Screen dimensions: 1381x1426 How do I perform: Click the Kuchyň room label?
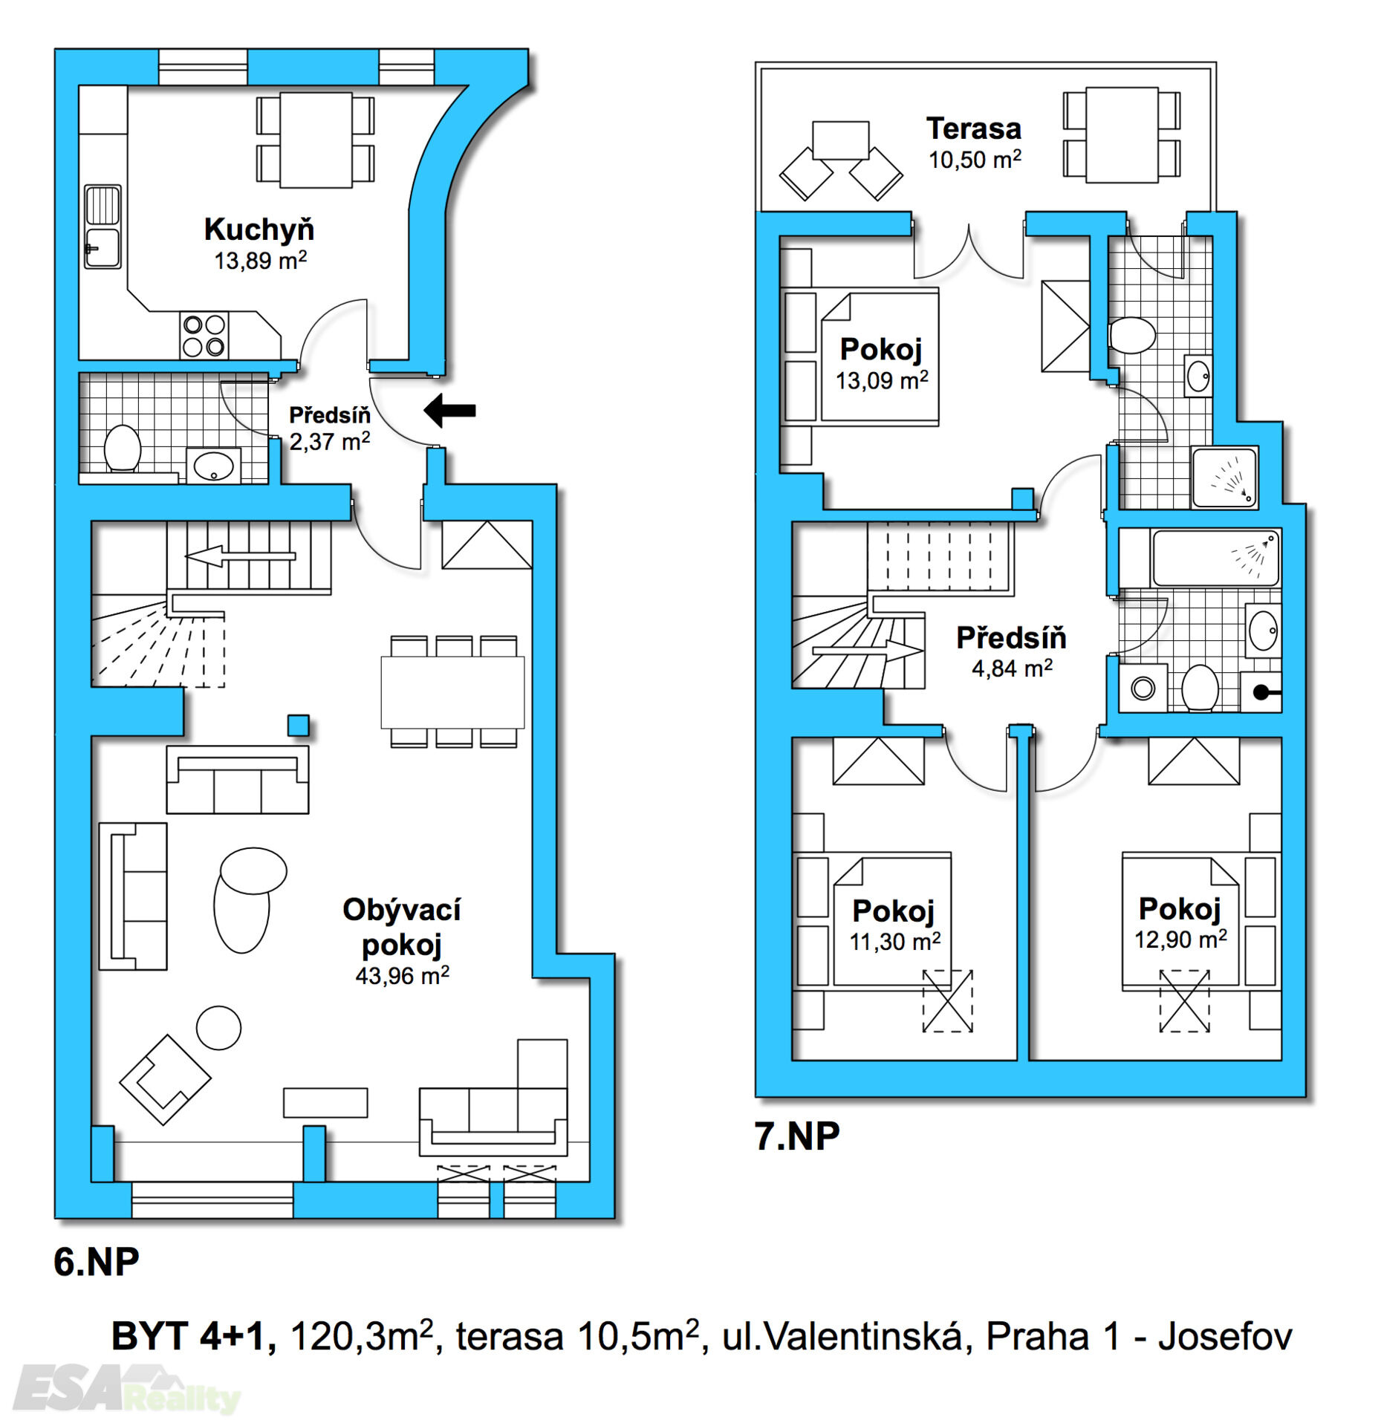click(259, 229)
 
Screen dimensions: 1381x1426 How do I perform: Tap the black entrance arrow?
click(449, 410)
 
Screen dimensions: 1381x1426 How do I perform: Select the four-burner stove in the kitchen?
click(204, 336)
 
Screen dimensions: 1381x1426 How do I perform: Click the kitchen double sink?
click(103, 227)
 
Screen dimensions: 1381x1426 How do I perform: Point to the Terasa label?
click(973, 128)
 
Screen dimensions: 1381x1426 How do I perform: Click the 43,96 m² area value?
click(402, 975)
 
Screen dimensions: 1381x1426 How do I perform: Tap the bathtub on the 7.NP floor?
click(1215, 558)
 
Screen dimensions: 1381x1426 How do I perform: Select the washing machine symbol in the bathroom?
click(1143, 688)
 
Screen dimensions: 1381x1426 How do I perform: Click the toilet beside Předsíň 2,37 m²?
click(123, 448)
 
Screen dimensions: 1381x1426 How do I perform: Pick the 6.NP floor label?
click(97, 1262)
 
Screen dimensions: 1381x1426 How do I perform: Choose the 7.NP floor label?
click(797, 1136)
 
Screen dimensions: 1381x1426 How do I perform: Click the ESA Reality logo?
click(126, 1387)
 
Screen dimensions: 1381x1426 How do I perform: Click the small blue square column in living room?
click(298, 725)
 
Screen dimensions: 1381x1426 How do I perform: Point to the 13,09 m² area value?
click(882, 381)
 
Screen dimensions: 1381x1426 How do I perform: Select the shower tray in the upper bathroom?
click(1224, 477)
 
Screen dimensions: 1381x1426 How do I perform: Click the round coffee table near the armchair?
click(218, 1028)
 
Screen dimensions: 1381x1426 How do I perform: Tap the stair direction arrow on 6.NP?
click(240, 556)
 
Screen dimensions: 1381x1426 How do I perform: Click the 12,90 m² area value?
click(1180, 940)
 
